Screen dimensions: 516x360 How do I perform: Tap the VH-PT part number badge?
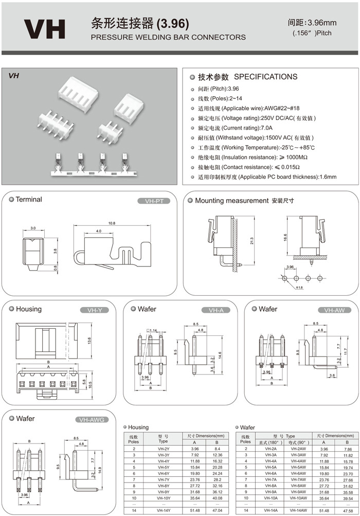pyautogui.click(x=154, y=201)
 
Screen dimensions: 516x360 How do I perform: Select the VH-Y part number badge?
pyautogui.click(x=95, y=310)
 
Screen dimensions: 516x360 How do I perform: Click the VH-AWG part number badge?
pyautogui.click(x=92, y=420)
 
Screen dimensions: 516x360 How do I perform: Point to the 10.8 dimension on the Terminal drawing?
pyautogui.click(x=112, y=223)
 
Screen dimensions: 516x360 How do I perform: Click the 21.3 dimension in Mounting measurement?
pyautogui.click(x=251, y=241)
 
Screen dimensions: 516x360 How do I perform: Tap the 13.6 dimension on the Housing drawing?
pyautogui.click(x=89, y=341)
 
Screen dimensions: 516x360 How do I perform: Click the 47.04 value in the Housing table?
pyautogui.click(x=217, y=510)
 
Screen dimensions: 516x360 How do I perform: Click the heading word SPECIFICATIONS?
pyautogui.click(x=265, y=77)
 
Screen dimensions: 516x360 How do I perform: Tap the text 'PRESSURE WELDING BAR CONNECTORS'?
pyautogui.click(x=168, y=37)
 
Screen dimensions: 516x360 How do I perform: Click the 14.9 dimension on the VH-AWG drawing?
pyautogui.click(x=99, y=464)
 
